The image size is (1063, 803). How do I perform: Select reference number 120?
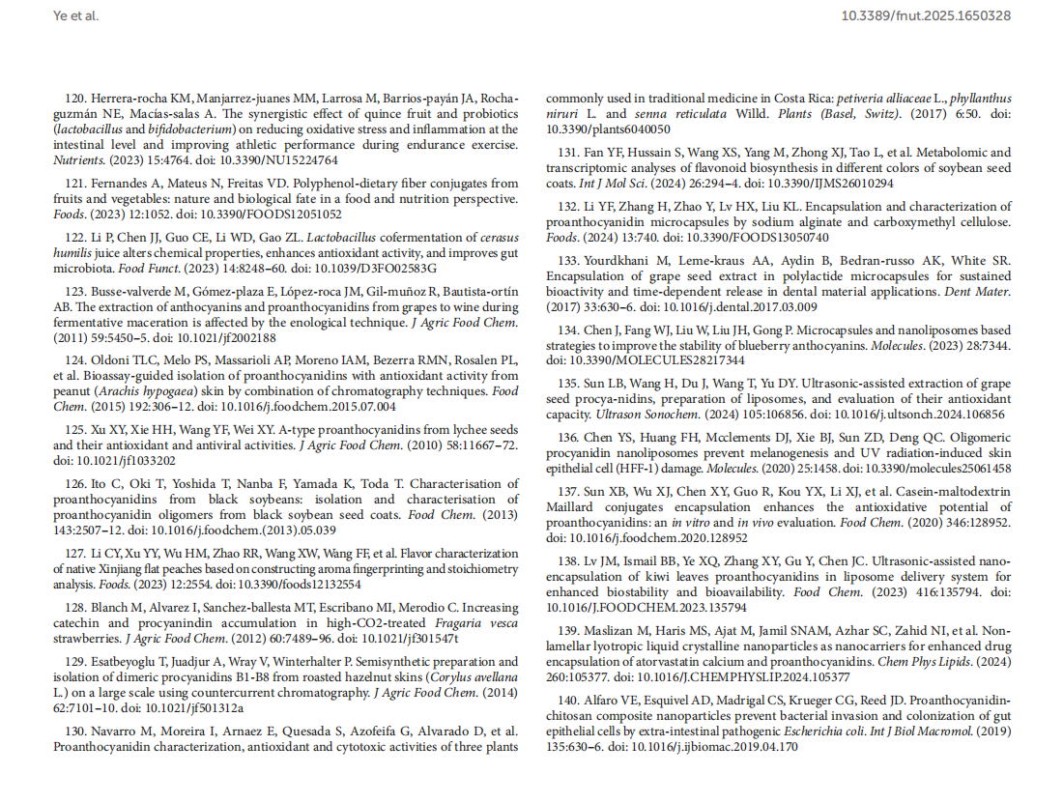[75, 99]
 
